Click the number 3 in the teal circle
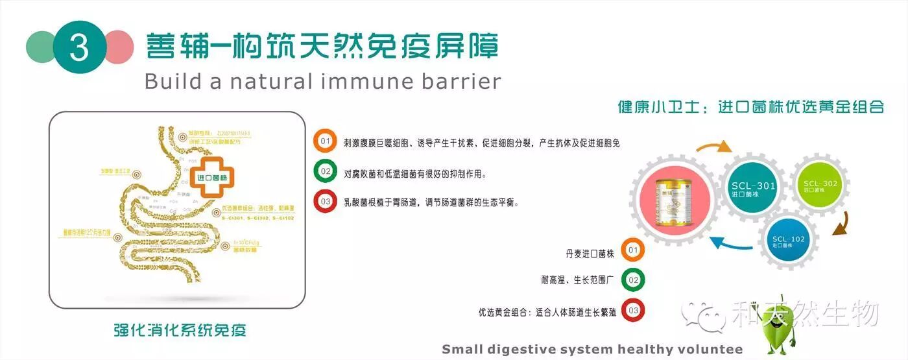pyautogui.click(x=79, y=47)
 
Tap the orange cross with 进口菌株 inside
pyautogui.click(x=215, y=176)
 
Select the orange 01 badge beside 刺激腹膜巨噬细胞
pyautogui.click(x=325, y=142)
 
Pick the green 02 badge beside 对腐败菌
pyautogui.click(x=325, y=173)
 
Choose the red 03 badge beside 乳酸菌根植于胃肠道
pyautogui.click(x=325, y=202)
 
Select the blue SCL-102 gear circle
pyautogui.click(x=788, y=241)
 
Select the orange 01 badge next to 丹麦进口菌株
pyautogui.click(x=633, y=250)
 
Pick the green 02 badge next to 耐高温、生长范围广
pyautogui.click(x=633, y=280)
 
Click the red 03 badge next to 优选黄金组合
pyautogui.click(x=633, y=311)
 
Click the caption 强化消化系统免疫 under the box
pyautogui.click(x=180, y=330)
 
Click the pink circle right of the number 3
pyautogui.click(x=119, y=47)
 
